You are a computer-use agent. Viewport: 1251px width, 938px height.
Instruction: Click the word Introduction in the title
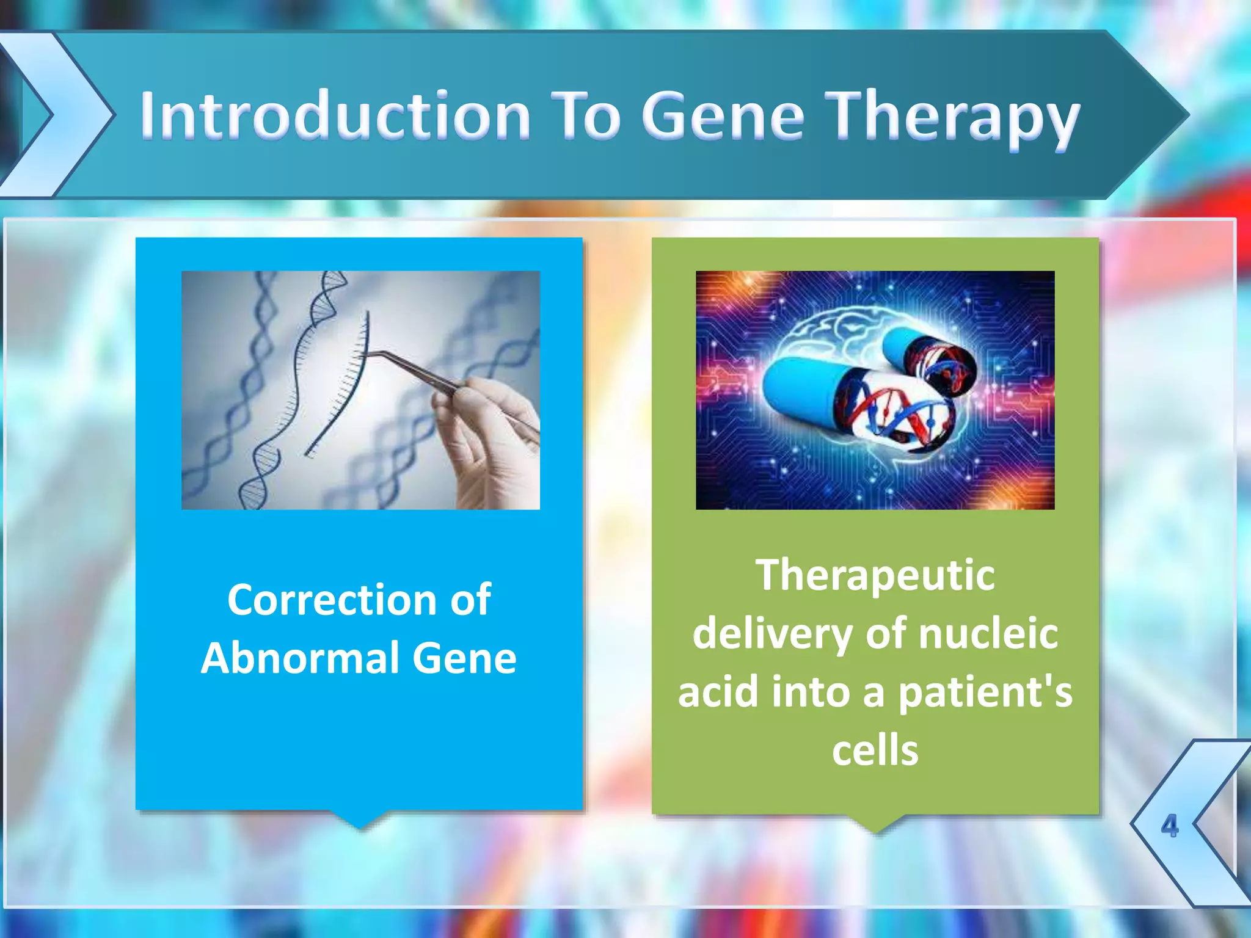335,115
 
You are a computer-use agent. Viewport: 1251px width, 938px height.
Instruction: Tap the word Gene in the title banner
723,115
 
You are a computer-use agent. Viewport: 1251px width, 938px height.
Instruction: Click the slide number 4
1169,826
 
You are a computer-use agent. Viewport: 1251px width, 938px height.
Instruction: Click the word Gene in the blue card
464,658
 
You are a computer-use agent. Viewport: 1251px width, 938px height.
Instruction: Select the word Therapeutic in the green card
875,575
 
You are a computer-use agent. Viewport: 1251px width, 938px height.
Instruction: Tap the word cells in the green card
875,750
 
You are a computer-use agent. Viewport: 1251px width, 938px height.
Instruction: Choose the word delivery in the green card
772,633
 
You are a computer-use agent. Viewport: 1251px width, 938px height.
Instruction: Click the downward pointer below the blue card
360,820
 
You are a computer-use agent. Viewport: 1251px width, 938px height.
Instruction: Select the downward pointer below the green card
876,823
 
